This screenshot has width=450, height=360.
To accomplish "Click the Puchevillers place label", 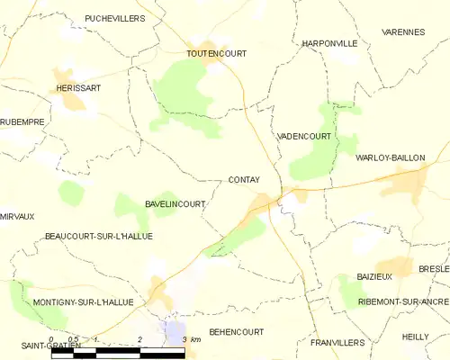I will click(x=114, y=18).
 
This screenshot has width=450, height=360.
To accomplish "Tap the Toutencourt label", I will click(x=216, y=53).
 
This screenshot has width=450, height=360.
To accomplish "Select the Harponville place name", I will click(x=329, y=42).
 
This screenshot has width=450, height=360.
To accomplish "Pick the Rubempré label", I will click(x=22, y=121).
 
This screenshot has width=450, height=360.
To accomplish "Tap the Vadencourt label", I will click(x=304, y=136).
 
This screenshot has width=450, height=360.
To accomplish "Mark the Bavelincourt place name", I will click(x=175, y=204).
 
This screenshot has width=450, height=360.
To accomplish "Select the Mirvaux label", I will click(x=17, y=216).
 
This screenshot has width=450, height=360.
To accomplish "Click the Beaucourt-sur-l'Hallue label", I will click(x=98, y=236).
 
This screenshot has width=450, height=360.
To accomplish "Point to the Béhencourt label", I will click(x=237, y=331).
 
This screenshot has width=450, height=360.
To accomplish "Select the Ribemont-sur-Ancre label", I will click(x=403, y=302).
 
